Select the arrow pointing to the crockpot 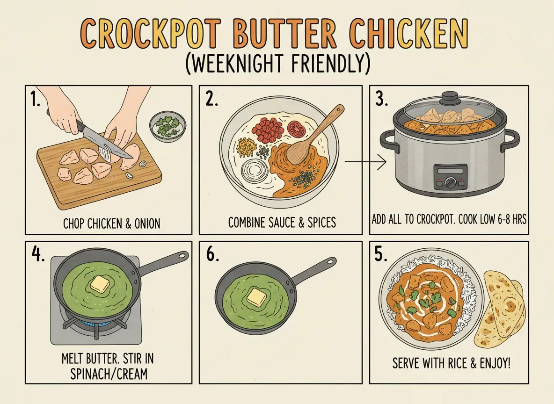pos(365,163)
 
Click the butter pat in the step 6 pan pos(256,297)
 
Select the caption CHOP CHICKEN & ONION pos(111,224)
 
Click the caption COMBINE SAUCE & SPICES pos(282,222)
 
